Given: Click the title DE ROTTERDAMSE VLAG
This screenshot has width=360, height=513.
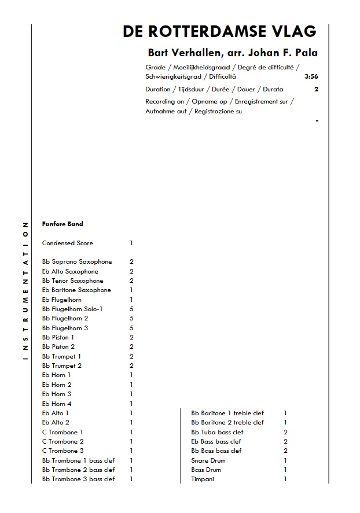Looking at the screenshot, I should [x=219, y=32].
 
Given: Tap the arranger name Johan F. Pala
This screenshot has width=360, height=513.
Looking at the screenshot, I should [x=284, y=53].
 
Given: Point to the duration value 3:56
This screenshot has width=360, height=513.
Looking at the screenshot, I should [x=311, y=76].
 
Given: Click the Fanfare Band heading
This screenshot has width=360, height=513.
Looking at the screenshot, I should [x=63, y=224].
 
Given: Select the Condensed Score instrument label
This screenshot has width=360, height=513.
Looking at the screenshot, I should [x=67, y=243].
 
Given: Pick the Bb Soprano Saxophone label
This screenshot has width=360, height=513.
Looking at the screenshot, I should [x=77, y=262].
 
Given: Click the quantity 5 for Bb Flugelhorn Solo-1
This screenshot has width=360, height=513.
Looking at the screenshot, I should [x=131, y=309].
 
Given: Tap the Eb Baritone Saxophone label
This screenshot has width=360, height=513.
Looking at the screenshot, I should [x=76, y=290].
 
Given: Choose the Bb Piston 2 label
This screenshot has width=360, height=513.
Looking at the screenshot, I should [x=58, y=346].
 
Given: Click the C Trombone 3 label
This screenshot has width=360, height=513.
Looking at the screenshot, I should [x=63, y=451].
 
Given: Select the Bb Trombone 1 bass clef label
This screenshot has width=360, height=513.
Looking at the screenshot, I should [x=78, y=460].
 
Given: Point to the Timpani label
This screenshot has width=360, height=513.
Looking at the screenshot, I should [x=203, y=479].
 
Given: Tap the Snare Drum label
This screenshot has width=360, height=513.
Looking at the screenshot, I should [x=208, y=460].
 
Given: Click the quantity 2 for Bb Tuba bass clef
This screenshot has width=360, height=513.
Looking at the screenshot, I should [x=285, y=432].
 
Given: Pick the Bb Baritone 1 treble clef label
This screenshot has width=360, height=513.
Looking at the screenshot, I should [x=227, y=413].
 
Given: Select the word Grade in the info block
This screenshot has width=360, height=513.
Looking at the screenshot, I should [x=155, y=67].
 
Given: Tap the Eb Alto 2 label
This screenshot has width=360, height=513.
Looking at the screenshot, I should [x=56, y=422].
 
